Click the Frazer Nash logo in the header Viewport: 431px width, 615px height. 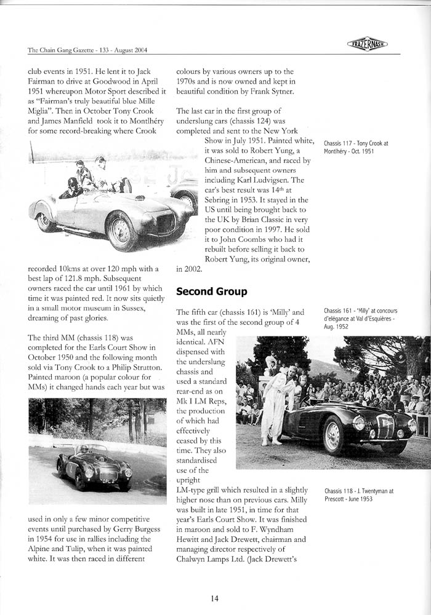367,44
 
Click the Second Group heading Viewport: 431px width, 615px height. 212,291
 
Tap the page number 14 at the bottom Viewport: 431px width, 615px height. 214,598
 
